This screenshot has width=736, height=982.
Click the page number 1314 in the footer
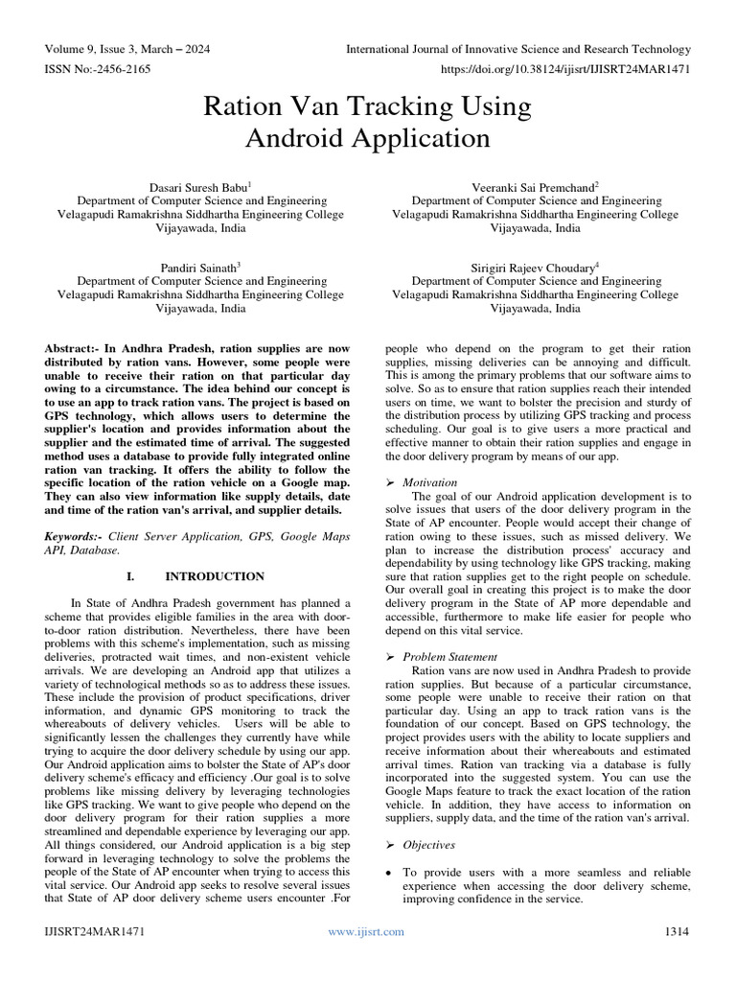click(x=677, y=931)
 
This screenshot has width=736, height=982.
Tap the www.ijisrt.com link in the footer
click(x=366, y=931)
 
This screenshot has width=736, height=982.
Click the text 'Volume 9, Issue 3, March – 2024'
click(x=127, y=49)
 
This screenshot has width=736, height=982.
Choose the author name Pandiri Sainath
click(x=198, y=267)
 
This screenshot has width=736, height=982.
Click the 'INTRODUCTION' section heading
click(x=215, y=576)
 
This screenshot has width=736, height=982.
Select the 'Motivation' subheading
click(x=429, y=482)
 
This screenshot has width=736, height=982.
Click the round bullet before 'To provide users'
click(x=388, y=873)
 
